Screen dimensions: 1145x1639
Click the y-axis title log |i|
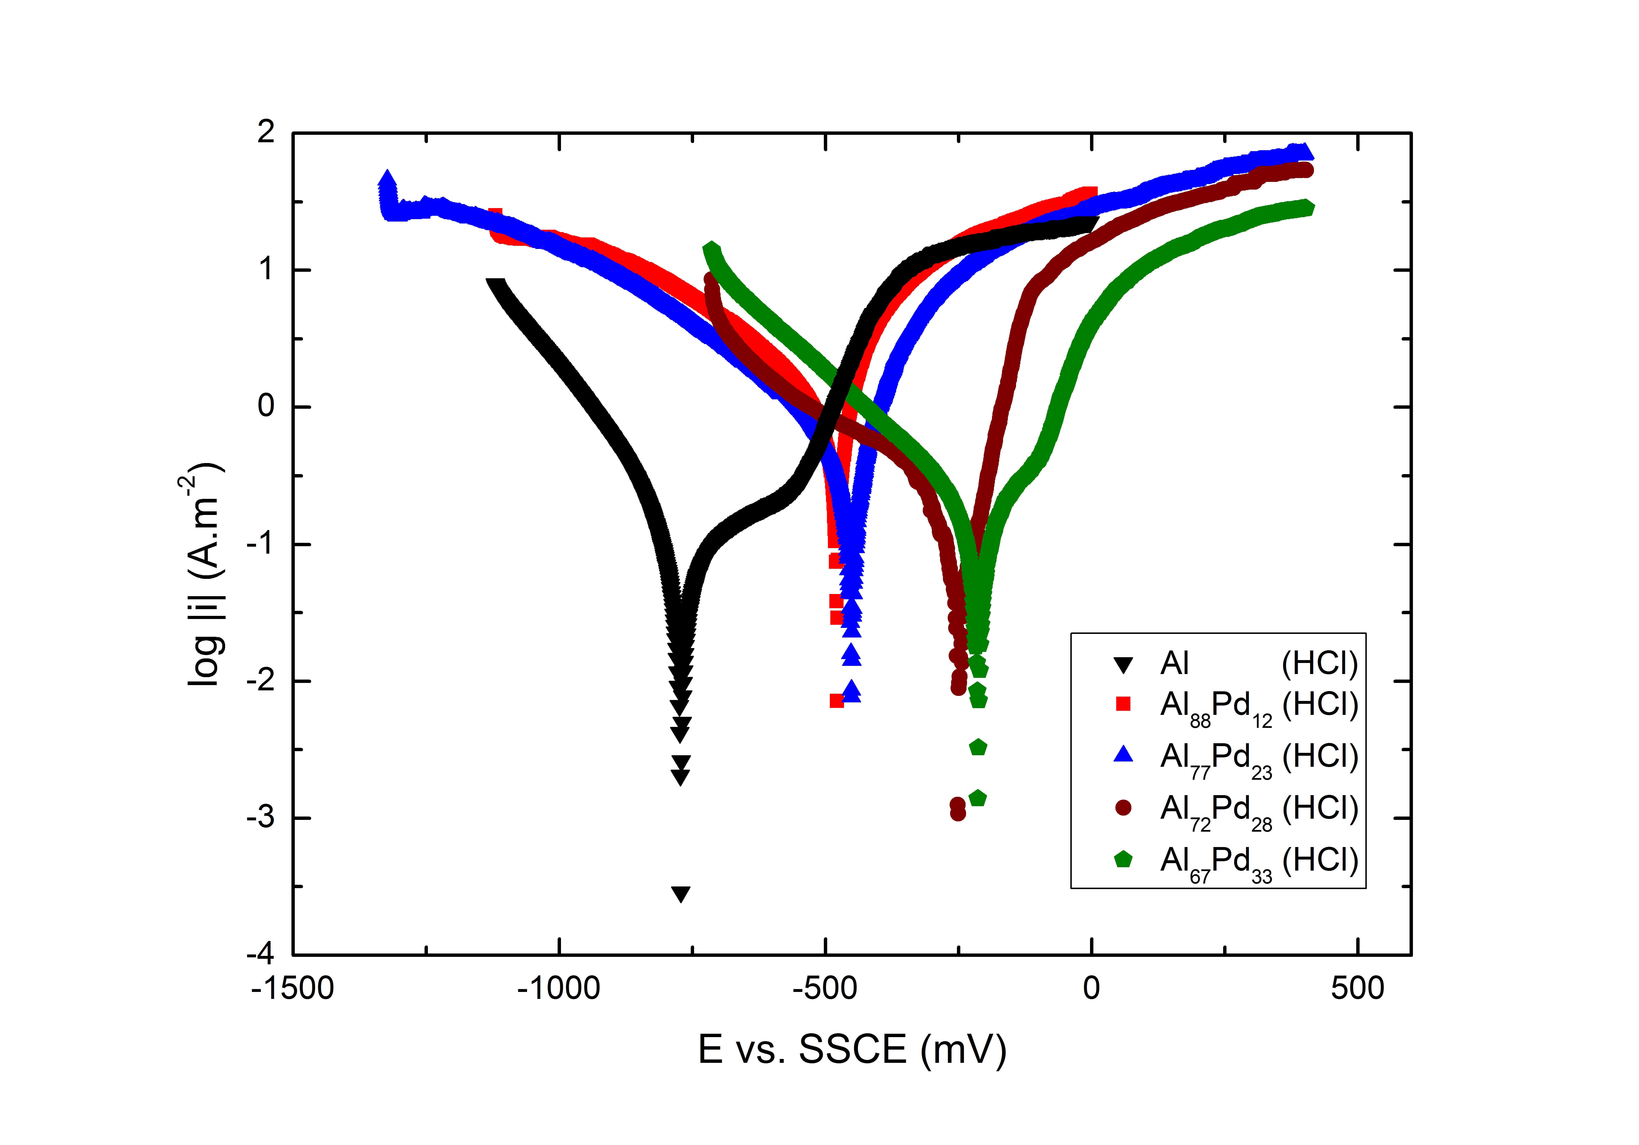pos(205,575)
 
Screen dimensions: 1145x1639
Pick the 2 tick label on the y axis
pos(265,133)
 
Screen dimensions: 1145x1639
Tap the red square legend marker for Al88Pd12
pos(1123,705)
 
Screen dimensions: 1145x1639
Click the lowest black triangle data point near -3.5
pos(681,894)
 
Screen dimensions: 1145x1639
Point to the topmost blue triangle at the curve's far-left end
pos(387,179)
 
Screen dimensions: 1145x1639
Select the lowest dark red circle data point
pos(958,813)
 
